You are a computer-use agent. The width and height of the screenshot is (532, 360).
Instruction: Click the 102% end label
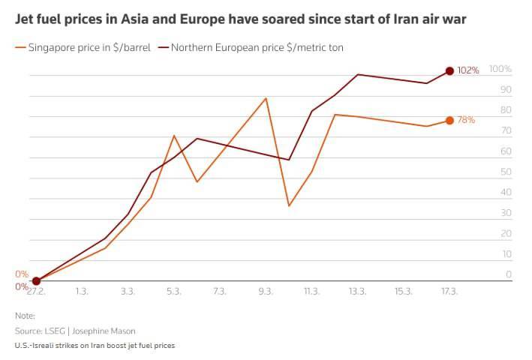tap(468, 70)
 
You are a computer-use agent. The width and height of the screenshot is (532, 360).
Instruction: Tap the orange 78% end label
tap(467, 120)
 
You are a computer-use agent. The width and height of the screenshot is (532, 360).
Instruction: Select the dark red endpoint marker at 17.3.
tap(449, 70)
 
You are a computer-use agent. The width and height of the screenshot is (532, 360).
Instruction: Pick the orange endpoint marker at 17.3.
tap(449, 120)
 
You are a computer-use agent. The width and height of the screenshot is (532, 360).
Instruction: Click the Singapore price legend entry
tap(83, 47)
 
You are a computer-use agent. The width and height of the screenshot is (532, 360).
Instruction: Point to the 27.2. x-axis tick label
tap(36, 291)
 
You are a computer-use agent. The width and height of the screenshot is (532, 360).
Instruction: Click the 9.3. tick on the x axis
tap(266, 291)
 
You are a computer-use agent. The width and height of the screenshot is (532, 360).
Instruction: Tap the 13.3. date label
tap(357, 291)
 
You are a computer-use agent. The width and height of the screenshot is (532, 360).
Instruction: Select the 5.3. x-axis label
tap(174, 291)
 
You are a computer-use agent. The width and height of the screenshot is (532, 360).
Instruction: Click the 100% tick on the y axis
tap(500, 69)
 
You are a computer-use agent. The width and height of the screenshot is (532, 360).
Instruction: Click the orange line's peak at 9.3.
tap(266, 98)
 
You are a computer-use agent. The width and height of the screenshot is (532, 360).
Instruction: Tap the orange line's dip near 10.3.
tap(289, 205)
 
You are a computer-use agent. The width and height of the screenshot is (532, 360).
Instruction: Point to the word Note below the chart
tap(25, 316)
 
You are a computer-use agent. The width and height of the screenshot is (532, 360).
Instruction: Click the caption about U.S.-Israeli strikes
tap(95, 346)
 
